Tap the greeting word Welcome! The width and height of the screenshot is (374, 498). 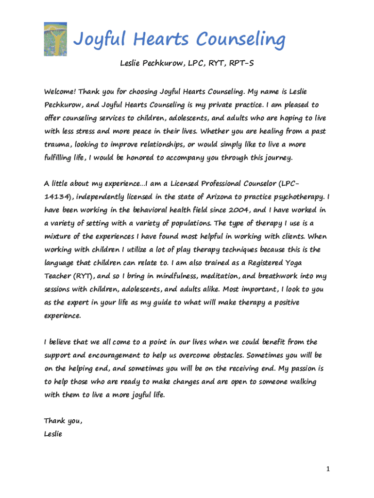(60, 91)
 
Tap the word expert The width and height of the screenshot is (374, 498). (75, 302)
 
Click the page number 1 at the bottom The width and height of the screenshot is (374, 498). (328, 469)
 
